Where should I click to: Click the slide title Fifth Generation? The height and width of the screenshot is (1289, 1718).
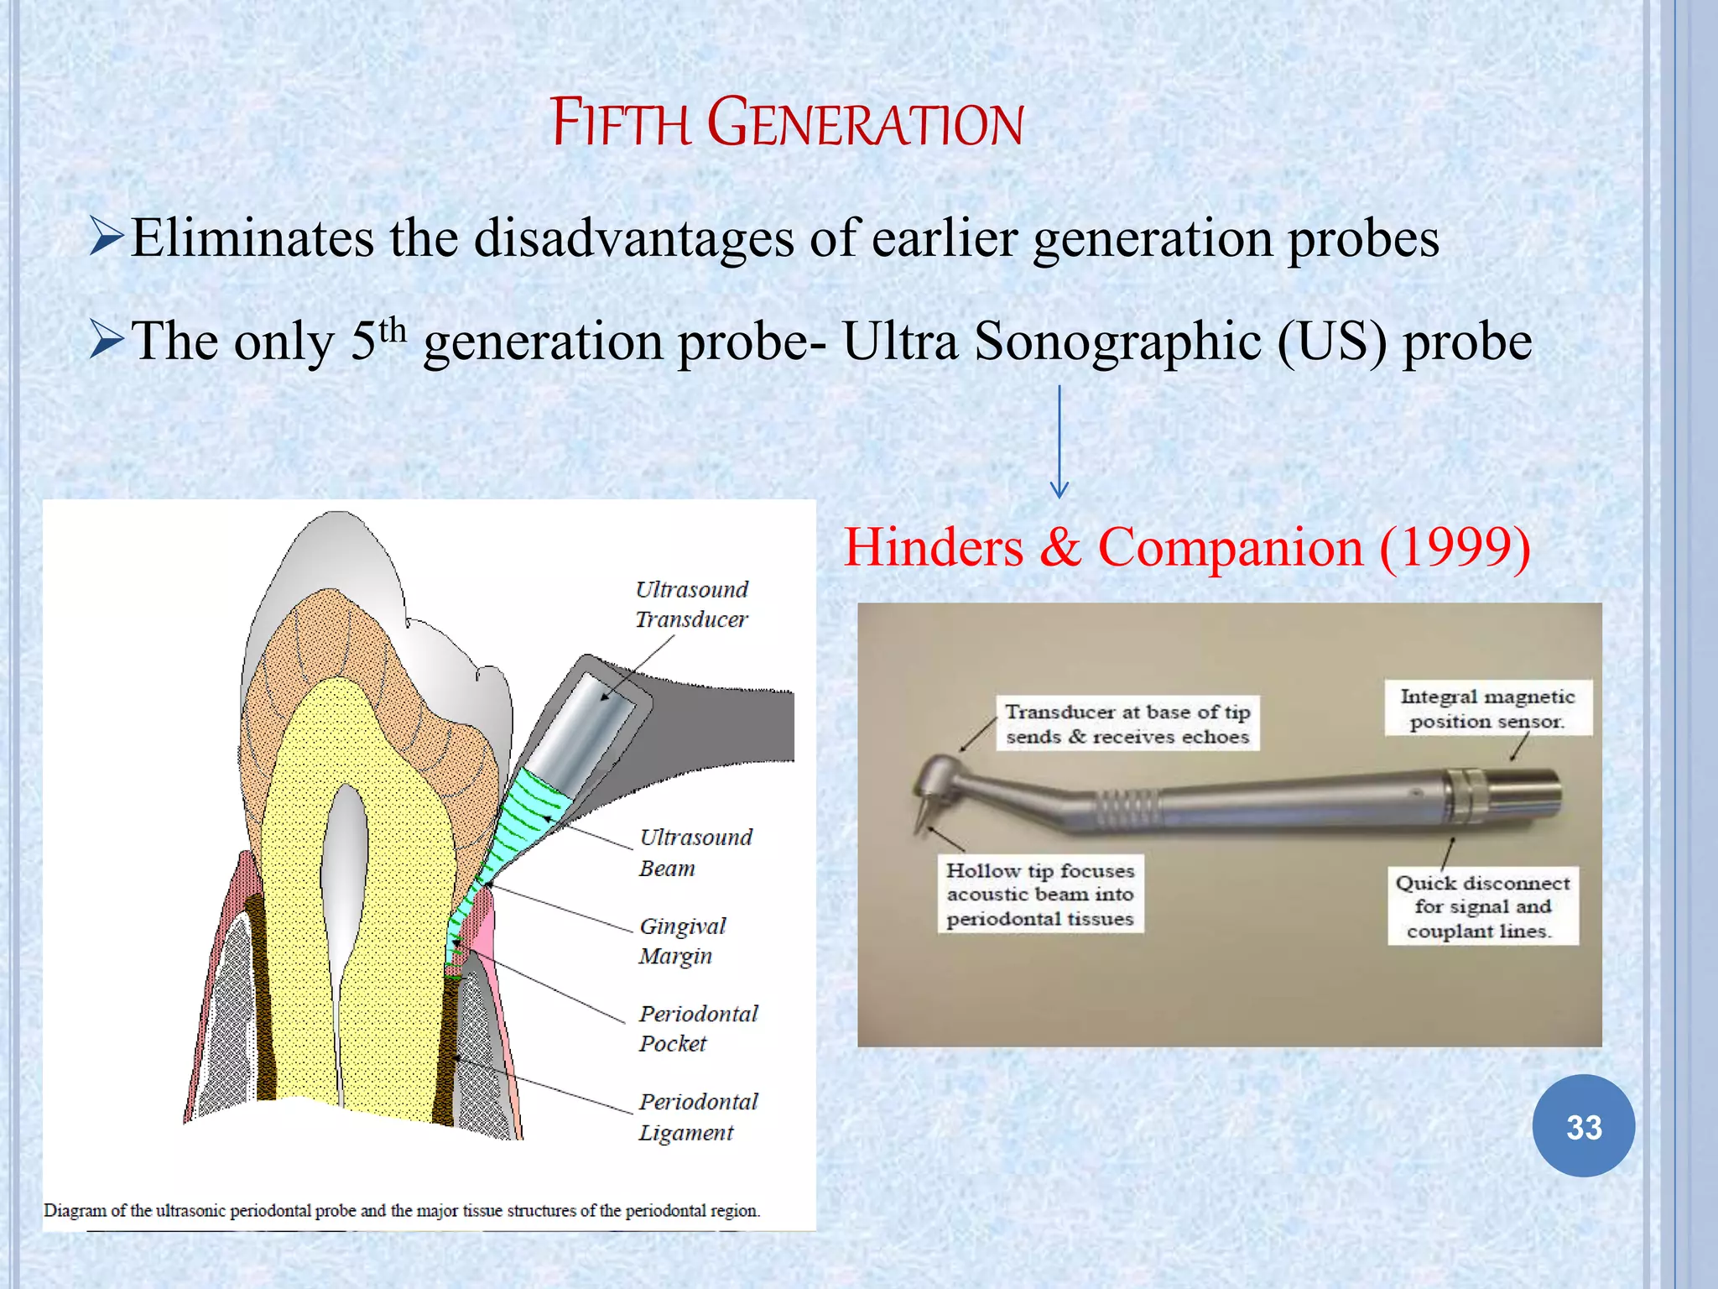point(786,123)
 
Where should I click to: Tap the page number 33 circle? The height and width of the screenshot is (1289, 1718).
point(1583,1126)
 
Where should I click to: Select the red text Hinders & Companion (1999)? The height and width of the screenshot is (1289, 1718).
point(1186,547)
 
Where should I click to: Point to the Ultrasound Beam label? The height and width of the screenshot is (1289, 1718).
point(695,852)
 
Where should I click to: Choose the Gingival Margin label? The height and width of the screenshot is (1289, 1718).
point(681,941)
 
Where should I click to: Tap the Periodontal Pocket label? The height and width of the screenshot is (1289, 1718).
point(697,1028)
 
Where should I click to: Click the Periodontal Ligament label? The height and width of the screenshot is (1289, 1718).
point(697,1116)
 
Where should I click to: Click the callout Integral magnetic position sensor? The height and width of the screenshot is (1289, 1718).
point(1487,708)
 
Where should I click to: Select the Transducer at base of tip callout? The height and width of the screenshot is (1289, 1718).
point(1127,723)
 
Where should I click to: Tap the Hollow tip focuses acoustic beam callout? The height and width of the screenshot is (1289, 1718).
point(1039,895)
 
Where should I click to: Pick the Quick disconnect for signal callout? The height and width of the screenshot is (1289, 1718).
point(1482,906)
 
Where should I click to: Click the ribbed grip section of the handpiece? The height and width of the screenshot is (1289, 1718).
point(1128,808)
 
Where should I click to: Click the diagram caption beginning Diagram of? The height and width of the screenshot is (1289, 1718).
point(402,1210)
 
